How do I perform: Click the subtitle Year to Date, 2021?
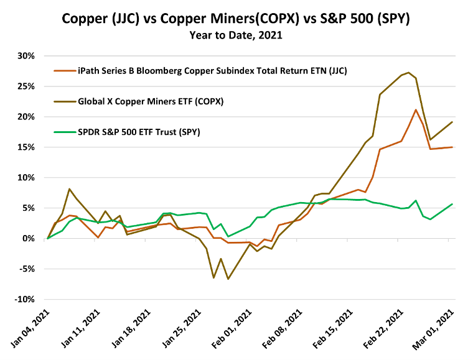[236, 35]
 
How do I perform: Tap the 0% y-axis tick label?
[29, 239]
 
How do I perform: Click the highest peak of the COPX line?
[409, 72]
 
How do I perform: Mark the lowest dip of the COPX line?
[228, 279]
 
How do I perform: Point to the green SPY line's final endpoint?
[452, 204]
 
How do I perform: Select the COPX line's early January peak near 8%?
[69, 189]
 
